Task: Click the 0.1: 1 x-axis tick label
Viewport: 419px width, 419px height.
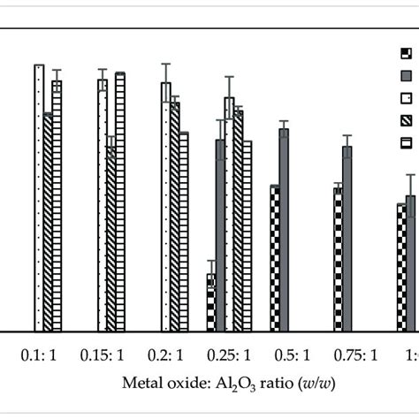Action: point(40,356)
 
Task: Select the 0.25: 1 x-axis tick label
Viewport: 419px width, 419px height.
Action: point(229,356)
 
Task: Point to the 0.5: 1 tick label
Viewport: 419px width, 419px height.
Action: point(290,356)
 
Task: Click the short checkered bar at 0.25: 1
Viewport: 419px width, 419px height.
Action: point(211,302)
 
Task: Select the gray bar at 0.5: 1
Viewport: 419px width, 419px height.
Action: point(284,230)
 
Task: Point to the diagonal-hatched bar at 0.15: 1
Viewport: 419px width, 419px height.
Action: point(110,239)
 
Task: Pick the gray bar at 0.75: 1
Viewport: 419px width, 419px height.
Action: point(347,239)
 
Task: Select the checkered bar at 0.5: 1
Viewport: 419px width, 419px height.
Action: point(275,258)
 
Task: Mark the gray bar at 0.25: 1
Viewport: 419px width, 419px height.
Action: point(220,235)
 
